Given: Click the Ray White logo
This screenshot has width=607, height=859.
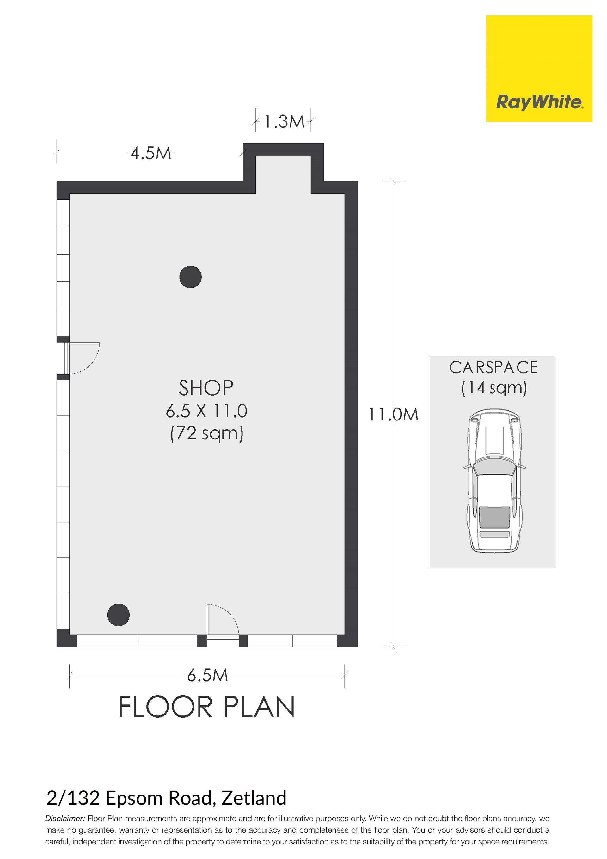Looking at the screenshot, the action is (539, 69).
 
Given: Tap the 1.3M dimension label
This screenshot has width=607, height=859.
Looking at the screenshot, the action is (285, 122).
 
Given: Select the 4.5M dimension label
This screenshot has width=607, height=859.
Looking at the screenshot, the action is (150, 153).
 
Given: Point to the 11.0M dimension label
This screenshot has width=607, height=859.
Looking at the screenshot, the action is (393, 414).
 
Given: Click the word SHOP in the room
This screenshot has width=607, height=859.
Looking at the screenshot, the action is (206, 388).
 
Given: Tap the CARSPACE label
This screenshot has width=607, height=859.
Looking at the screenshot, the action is (494, 368).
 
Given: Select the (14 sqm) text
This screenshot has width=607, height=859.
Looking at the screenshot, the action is (494, 388).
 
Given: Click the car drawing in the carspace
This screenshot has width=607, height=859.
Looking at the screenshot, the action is (494, 481).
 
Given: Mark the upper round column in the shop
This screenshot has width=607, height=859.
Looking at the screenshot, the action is (191, 277).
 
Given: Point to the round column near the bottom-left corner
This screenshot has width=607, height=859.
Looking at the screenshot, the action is (119, 615).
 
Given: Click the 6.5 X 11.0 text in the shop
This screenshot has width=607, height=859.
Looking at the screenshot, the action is (206, 411).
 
